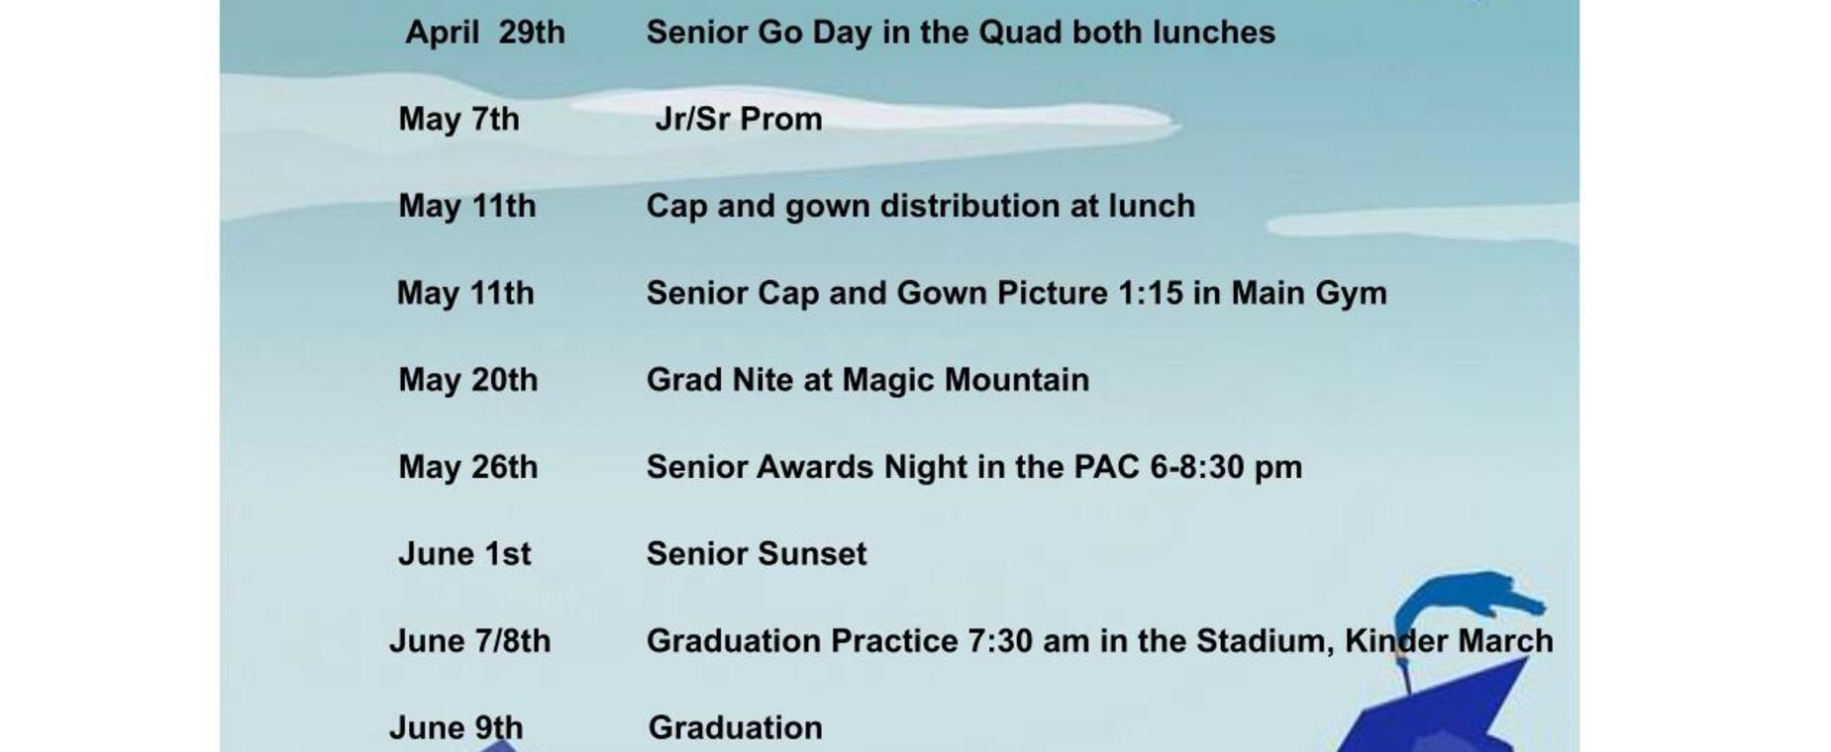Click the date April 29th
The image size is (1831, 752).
pos(485,33)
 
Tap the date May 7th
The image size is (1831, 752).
pos(458,120)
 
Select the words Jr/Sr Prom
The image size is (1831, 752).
pos(739,119)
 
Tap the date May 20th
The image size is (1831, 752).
pos(468,381)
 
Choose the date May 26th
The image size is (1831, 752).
pos(468,467)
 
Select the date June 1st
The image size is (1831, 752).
pos(464,554)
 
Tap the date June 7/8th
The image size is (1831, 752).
pos(469,641)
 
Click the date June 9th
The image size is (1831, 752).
pos(456,728)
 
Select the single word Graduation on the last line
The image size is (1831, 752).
pos(735,728)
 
